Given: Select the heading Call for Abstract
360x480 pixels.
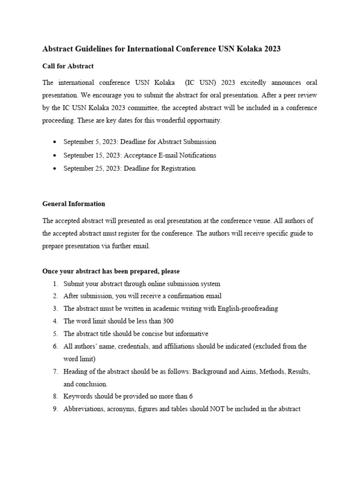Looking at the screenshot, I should pos(68,66).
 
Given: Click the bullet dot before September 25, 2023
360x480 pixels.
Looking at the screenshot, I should pos(56,169).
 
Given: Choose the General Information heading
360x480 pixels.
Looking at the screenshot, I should pos(74,204).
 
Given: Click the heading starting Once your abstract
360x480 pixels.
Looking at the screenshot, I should pos(111,271).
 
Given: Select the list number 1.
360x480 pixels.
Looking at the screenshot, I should pos(55,284).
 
